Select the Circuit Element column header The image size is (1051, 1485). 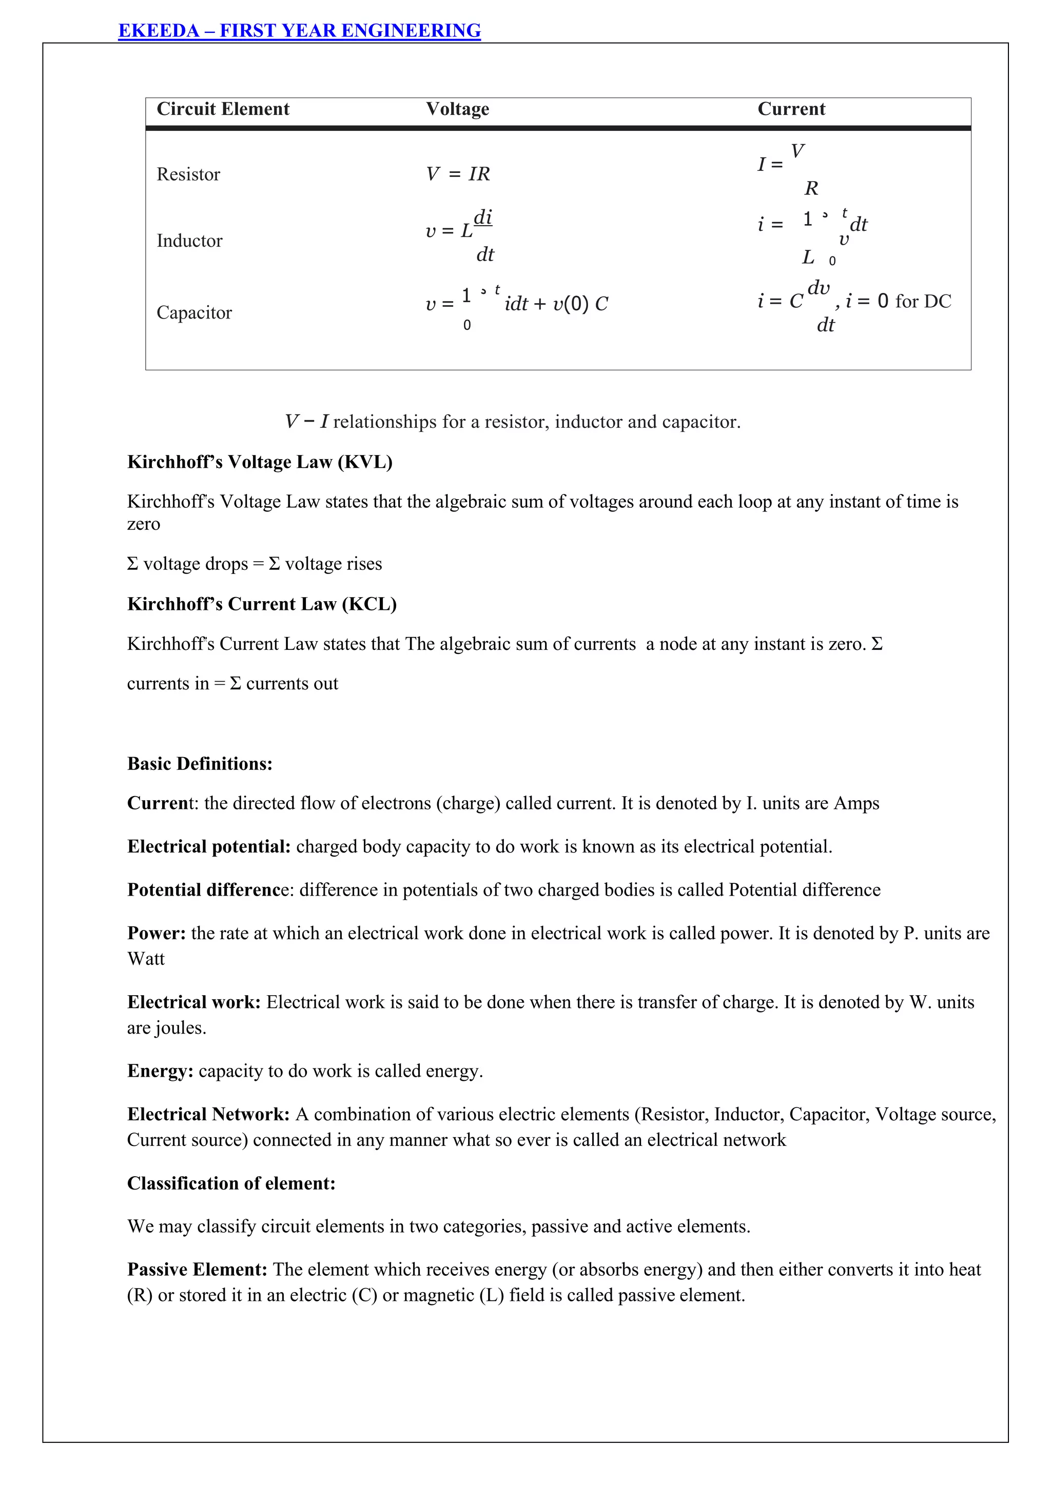pyautogui.click(x=223, y=109)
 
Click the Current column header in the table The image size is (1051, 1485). pyautogui.click(x=791, y=109)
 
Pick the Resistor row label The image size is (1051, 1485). pyautogui.click(x=188, y=174)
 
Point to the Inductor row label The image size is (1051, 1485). pyautogui.click(x=189, y=241)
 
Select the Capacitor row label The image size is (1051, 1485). pyautogui.click(x=194, y=312)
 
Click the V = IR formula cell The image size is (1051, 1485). pyautogui.click(x=458, y=174)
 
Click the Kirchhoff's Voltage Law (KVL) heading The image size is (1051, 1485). pyautogui.click(x=260, y=462)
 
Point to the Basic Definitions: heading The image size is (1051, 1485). pyautogui.click(x=199, y=763)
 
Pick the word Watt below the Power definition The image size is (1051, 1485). pyautogui.click(x=146, y=959)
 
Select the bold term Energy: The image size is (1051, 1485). pyautogui.click(x=160, y=1071)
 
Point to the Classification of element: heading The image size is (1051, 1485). pyautogui.click(x=231, y=1183)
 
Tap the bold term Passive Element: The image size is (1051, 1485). pyautogui.click(x=197, y=1269)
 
